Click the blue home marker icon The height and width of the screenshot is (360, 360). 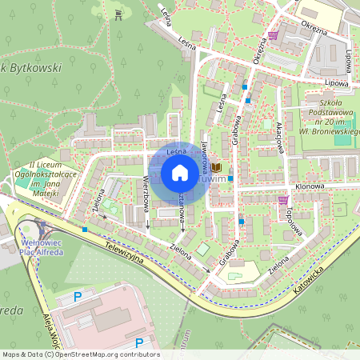click(x=180, y=172)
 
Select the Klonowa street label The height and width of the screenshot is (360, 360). click(x=309, y=186)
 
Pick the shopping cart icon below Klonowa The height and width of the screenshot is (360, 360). click(x=283, y=200)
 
